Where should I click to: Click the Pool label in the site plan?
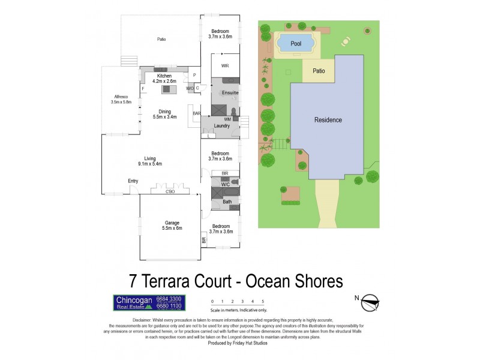(295, 44)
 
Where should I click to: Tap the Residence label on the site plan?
(328, 120)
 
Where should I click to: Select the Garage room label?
(172, 223)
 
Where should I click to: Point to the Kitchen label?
(164, 76)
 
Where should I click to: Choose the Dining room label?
(165, 111)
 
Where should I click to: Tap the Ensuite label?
(230, 93)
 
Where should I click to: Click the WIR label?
(225, 65)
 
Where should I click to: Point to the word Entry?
(133, 181)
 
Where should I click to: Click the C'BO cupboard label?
(170, 191)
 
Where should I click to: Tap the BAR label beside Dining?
(196, 113)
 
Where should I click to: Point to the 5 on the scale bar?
(263, 301)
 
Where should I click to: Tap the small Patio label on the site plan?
(319, 71)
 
